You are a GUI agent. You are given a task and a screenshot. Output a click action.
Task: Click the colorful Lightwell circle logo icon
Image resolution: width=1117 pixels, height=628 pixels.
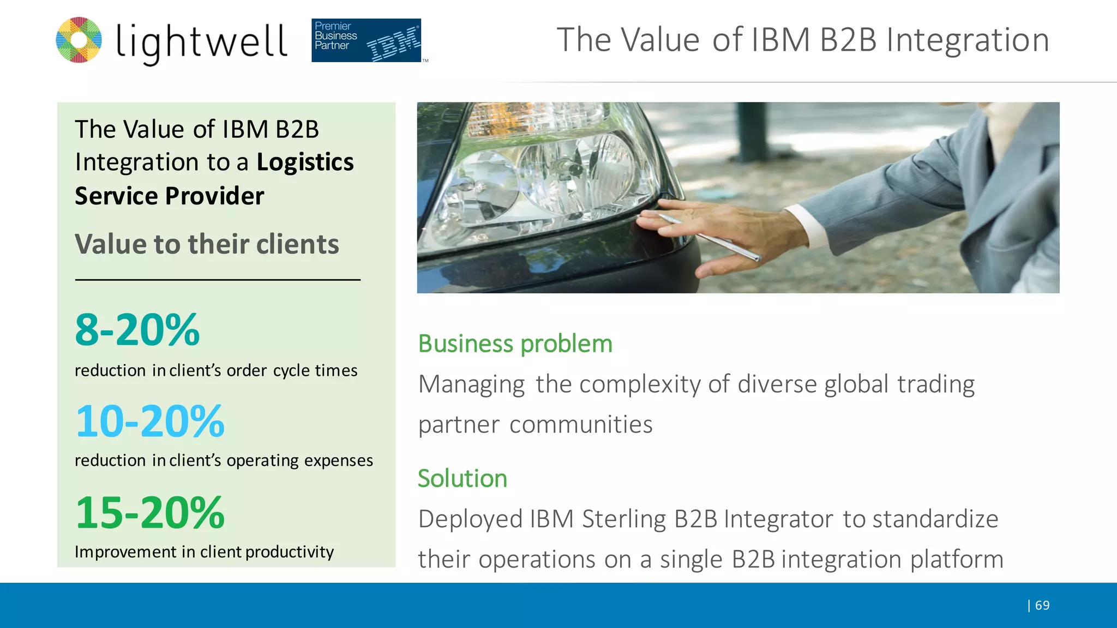[x=79, y=40]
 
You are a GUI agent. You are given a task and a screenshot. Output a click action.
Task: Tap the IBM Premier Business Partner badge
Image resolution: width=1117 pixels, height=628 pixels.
[x=366, y=40]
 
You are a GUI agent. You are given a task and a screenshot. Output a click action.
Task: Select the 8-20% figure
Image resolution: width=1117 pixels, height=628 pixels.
[x=137, y=330]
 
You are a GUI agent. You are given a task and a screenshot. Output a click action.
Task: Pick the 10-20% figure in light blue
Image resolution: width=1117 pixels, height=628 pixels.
[x=150, y=421]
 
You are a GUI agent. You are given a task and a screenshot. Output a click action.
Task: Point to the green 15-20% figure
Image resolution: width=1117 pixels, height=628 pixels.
[x=150, y=513]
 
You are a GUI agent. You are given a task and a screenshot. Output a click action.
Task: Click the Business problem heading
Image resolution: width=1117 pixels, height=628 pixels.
[x=515, y=344]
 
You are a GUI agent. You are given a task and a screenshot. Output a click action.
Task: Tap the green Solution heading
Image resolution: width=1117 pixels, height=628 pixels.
[x=463, y=479]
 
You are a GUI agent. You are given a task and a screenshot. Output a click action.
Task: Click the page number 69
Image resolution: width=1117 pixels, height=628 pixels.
[x=1042, y=605]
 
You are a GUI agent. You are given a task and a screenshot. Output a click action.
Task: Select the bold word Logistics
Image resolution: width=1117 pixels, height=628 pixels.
[x=305, y=162]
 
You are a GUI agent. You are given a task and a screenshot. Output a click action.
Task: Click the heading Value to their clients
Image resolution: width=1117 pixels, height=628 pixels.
[x=207, y=244]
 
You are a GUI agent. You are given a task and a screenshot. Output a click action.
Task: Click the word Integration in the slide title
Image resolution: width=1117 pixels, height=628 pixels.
[x=968, y=40]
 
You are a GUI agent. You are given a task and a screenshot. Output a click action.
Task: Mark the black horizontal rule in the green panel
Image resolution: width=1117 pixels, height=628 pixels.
[x=218, y=280]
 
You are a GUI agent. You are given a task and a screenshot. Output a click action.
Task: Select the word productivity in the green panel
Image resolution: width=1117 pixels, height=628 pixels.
[x=290, y=552]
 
